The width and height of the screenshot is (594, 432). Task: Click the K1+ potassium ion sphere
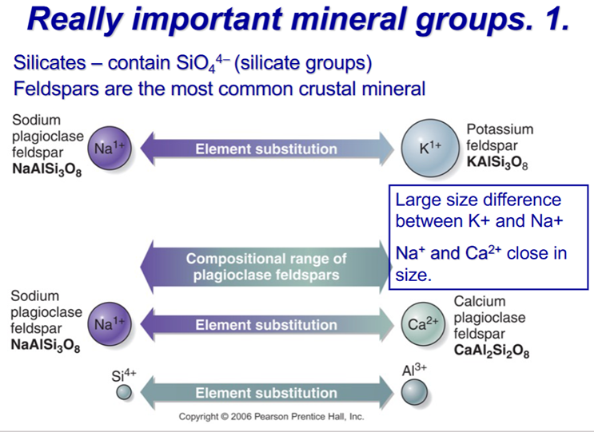pos(430,149)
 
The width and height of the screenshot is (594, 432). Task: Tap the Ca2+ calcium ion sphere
pos(423,324)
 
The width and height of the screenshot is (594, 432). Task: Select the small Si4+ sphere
pos(124,392)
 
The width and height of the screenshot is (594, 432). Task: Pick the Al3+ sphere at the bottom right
pos(414,391)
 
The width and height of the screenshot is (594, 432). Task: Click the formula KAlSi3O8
pos(497,162)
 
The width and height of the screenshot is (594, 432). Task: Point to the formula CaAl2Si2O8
pos(492,351)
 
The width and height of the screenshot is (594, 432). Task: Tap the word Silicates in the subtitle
pos(50,63)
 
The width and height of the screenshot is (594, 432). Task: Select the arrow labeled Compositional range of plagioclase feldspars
pos(266,267)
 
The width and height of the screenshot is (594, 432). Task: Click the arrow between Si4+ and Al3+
pos(267,393)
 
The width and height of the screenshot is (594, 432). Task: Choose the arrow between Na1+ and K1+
pos(267,149)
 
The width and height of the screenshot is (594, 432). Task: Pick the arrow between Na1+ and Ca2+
pos(267,324)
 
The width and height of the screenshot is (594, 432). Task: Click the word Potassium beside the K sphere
pos(500,129)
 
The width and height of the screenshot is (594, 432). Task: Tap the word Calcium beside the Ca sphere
pos(480,301)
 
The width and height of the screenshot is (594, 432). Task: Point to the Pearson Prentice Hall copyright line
pos(271,417)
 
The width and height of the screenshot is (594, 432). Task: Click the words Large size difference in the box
pos(478,200)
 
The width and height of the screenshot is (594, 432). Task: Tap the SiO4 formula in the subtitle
pos(201,63)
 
